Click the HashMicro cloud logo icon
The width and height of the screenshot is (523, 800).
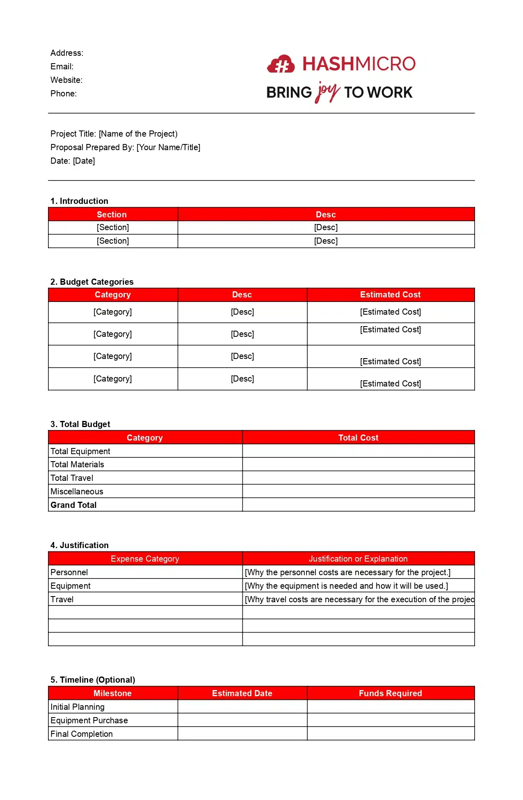(281, 64)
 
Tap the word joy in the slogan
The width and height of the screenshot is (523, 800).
(327, 92)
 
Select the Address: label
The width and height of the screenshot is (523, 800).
(67, 53)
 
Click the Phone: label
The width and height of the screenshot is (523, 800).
(64, 94)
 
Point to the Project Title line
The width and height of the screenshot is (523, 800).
(114, 134)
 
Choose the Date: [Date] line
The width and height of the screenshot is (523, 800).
(73, 161)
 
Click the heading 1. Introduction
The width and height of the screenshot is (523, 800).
(79, 201)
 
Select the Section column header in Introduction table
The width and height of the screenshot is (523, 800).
(112, 215)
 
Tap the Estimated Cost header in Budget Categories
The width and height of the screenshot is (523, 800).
(390, 295)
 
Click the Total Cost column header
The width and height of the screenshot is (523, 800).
(358, 438)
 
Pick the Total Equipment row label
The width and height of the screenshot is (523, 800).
(80, 451)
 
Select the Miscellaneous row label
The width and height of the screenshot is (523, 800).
(77, 491)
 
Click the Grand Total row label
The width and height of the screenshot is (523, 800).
(73, 505)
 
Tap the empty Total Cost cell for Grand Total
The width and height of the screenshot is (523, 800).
(358, 505)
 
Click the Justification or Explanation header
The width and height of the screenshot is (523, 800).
(358, 559)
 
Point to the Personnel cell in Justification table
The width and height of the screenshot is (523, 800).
(69, 572)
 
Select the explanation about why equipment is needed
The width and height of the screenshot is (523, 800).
(346, 586)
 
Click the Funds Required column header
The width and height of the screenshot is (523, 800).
(390, 693)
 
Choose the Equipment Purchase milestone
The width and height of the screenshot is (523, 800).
(89, 720)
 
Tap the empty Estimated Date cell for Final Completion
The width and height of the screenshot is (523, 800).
(242, 734)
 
